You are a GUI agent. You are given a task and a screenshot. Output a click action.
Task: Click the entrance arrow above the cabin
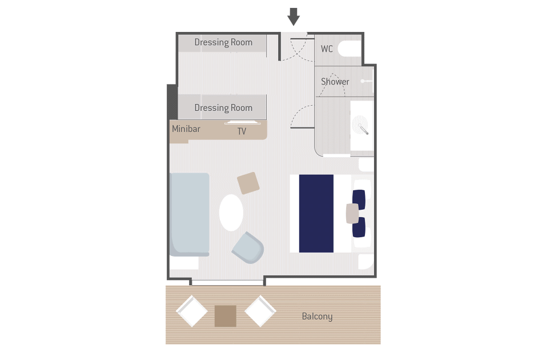[294, 17]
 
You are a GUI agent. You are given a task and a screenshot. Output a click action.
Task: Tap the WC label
[327, 49]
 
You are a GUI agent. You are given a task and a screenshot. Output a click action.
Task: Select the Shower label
[335, 82]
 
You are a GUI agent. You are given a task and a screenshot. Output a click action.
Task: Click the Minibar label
[186, 129]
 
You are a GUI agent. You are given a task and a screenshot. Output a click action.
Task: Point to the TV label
[242, 131]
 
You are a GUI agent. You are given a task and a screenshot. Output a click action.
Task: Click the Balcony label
[317, 317]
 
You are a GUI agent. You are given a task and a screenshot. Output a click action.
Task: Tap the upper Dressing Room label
[223, 42]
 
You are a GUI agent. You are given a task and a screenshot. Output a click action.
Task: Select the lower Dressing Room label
[223, 108]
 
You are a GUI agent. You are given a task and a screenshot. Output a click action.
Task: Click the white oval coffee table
[231, 213]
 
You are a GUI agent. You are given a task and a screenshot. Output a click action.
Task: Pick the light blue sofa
[190, 214]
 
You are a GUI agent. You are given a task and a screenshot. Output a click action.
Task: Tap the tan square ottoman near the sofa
[248, 183]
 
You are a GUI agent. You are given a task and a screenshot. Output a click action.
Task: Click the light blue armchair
[248, 247]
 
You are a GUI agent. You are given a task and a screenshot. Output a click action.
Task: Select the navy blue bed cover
[316, 213]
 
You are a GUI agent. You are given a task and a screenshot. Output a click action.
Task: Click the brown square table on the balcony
[226, 316]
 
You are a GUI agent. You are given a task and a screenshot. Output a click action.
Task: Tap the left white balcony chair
[192, 311]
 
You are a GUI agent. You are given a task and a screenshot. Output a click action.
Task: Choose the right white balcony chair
[260, 311]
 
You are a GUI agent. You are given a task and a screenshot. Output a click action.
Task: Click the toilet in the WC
[350, 49]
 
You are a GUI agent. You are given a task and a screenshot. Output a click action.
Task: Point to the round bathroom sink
[360, 124]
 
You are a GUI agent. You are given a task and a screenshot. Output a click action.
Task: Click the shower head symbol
[366, 81]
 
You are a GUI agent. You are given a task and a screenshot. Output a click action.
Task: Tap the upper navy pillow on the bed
[359, 199]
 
